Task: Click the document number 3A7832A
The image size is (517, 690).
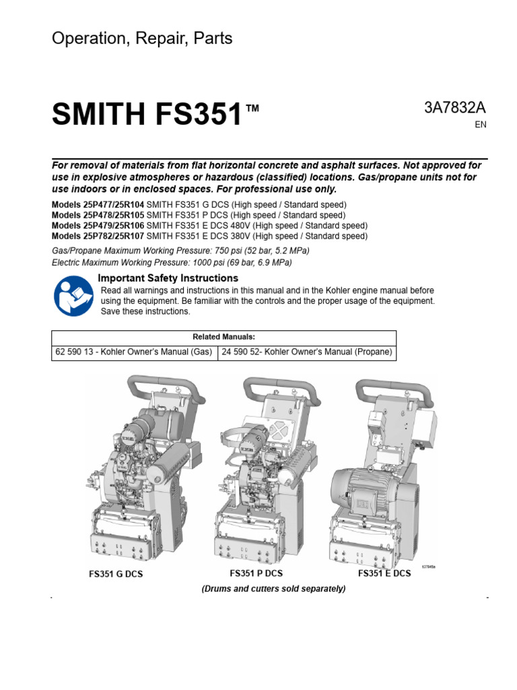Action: [x=454, y=108]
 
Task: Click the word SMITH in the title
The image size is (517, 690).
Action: [x=98, y=116]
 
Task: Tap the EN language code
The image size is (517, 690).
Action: [x=480, y=125]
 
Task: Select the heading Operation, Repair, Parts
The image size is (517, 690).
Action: [x=142, y=38]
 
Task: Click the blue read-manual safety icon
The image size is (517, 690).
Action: [x=73, y=296]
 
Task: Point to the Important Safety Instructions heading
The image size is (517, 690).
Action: [x=168, y=278]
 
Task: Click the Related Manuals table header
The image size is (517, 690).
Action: [x=223, y=337]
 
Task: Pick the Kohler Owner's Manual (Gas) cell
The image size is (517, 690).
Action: [x=134, y=352]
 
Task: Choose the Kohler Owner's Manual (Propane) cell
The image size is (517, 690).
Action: [x=307, y=352]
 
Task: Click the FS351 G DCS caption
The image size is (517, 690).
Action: [x=116, y=575]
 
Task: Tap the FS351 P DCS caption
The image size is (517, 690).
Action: [x=256, y=573]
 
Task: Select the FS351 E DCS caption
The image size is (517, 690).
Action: [x=384, y=573]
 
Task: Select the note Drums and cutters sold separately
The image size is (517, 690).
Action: [x=273, y=589]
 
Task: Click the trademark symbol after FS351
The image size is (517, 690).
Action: [x=252, y=108]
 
